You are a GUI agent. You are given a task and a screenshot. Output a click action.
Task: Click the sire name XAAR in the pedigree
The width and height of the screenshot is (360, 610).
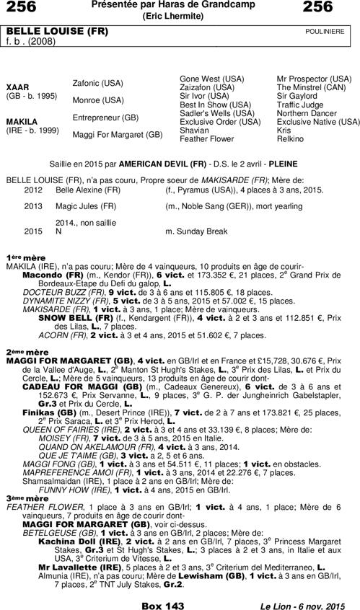(17, 87)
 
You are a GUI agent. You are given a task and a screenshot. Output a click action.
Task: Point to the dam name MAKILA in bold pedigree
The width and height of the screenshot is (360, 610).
(21, 122)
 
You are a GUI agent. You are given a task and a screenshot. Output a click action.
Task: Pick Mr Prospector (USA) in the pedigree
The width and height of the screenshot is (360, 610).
(315, 78)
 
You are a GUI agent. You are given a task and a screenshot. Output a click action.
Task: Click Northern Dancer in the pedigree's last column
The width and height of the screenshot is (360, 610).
(307, 113)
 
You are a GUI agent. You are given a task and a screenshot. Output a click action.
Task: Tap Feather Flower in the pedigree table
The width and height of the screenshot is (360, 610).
(206, 138)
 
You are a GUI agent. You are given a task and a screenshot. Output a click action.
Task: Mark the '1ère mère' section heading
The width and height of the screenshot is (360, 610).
(22, 257)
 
